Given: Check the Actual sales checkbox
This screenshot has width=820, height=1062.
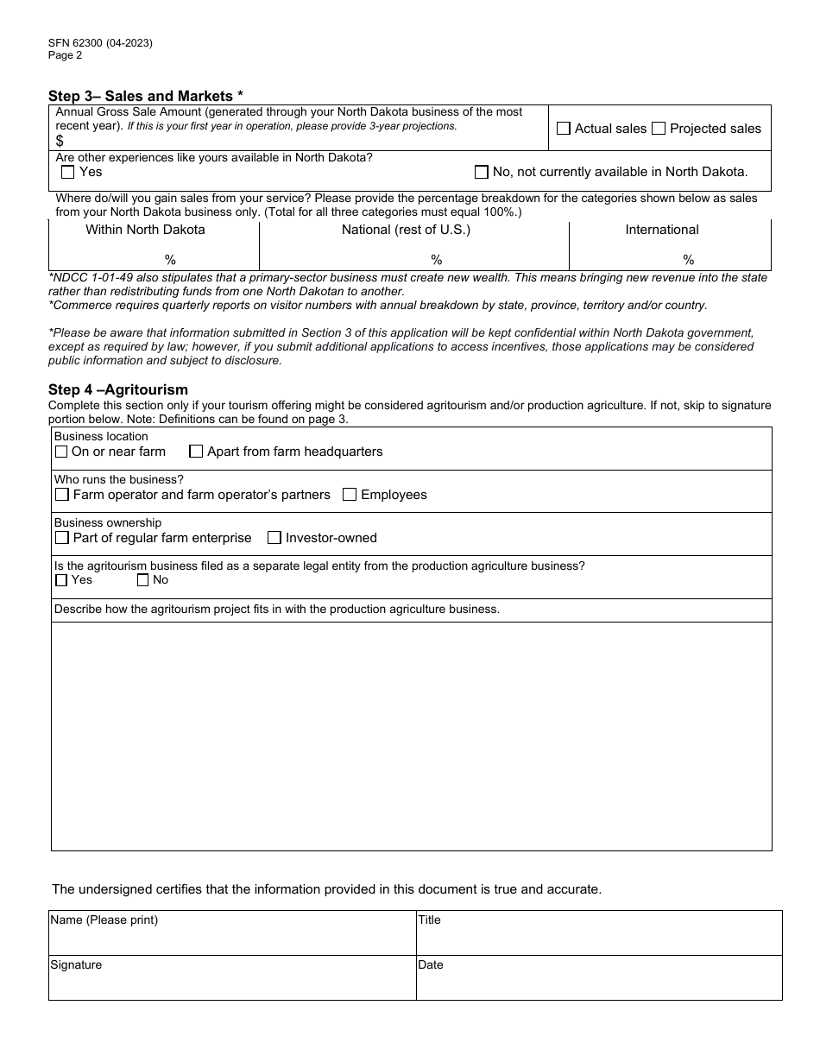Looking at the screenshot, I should coord(564,129).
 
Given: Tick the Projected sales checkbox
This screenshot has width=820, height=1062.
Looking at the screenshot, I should coord(659,129).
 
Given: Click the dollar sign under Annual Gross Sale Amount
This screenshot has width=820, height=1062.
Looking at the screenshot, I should coord(60,141).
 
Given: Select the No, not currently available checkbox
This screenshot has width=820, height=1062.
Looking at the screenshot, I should coord(482,172).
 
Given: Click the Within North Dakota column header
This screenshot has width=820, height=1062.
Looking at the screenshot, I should coord(145,230).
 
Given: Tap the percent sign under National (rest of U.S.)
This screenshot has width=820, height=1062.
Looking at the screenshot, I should coord(437,260).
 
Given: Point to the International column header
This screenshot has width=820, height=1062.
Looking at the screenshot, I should coord(662,230).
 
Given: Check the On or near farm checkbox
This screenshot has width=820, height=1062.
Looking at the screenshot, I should coord(61,452).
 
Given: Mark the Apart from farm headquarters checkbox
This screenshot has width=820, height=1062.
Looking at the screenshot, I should coord(196,452).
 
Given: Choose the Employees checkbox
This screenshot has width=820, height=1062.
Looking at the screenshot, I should coord(350,495).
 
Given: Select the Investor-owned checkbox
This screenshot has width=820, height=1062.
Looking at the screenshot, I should coord(274,538).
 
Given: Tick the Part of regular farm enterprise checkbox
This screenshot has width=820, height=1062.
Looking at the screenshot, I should coord(62,538).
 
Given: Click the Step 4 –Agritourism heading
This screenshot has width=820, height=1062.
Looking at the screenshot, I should coord(118,389).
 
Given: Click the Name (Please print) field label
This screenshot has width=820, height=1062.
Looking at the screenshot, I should coord(104,920).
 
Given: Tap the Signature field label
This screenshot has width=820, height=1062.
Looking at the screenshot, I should coord(76,965).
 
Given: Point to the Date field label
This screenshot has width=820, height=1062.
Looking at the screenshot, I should coord(431,965).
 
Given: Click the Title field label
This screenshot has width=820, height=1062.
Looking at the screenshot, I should coord(430,920).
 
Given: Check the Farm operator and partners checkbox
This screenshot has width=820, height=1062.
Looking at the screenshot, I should coord(62,495).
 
